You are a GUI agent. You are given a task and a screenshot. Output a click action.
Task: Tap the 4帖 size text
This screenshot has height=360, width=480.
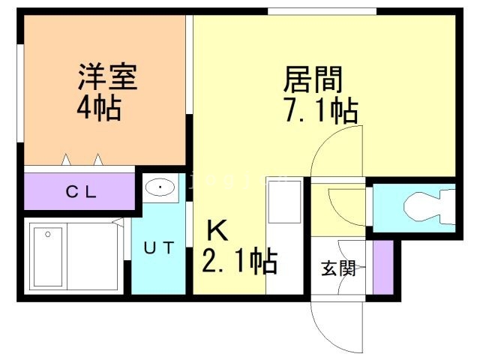click(x=98, y=110)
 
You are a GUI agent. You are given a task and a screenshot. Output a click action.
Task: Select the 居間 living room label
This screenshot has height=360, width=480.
click(x=312, y=79)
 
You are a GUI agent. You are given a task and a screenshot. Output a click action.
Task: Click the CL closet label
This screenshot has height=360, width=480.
click(x=80, y=192)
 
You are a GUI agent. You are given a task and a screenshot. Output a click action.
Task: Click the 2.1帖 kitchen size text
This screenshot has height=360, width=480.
click(x=239, y=262)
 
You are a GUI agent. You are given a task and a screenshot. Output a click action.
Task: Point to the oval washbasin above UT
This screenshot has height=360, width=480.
click(x=159, y=188)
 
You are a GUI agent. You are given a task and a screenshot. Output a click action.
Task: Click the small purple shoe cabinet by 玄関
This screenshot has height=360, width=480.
click(x=383, y=267)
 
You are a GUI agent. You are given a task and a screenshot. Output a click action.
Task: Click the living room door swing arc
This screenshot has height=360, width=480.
click(x=330, y=150)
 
